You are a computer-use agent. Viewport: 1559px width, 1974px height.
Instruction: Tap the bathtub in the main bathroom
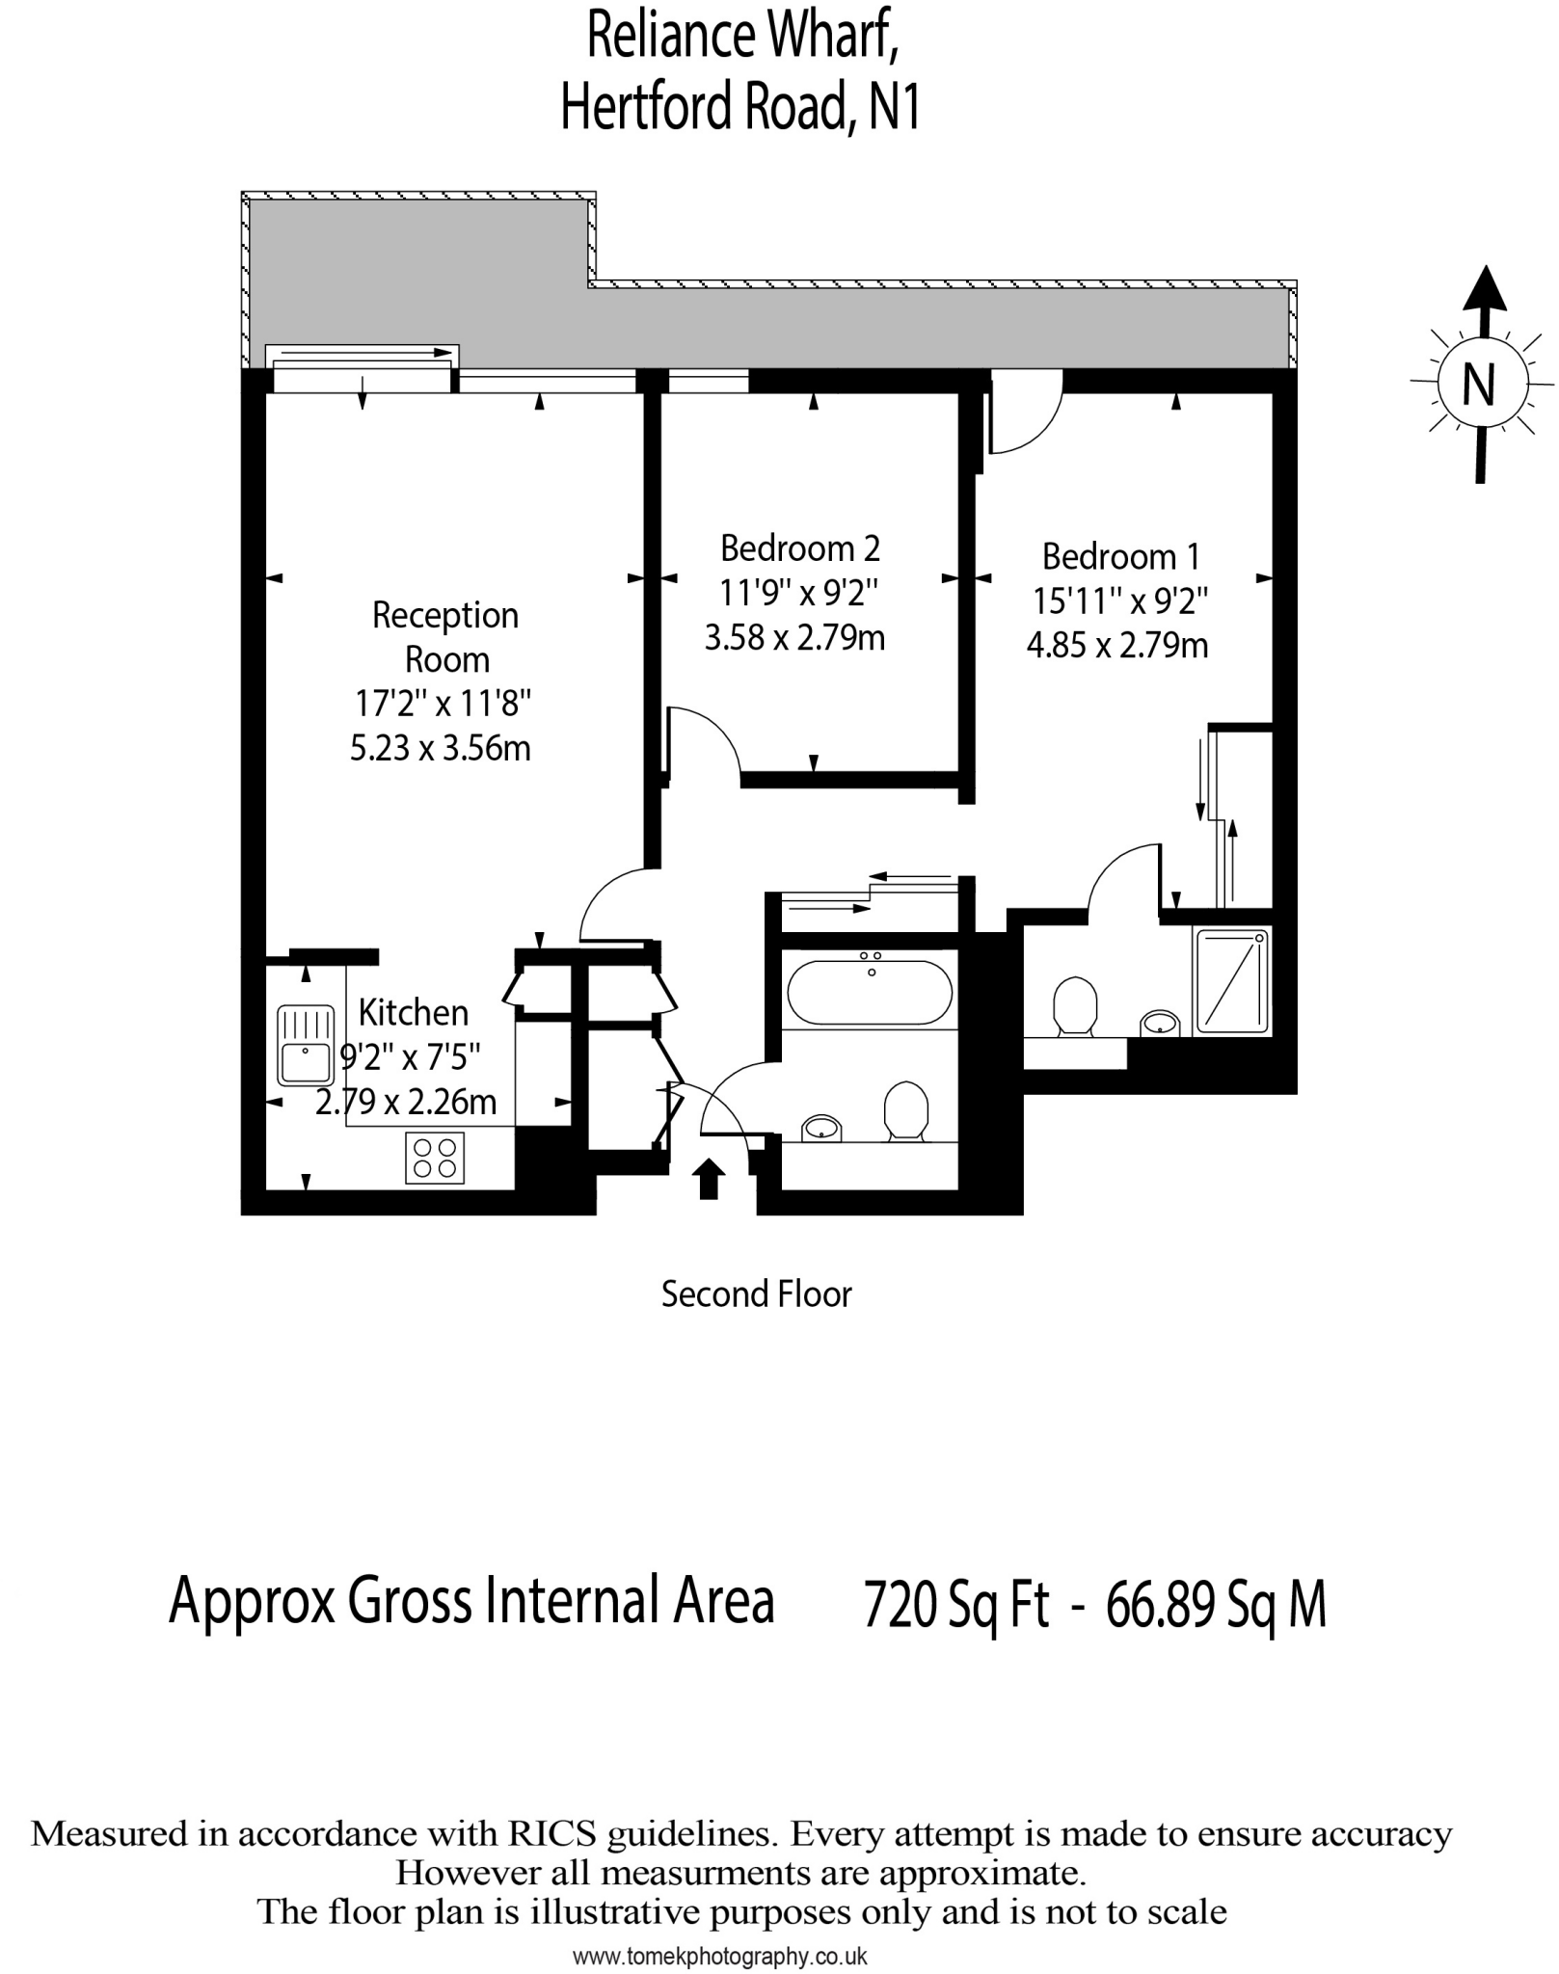[x=870, y=992]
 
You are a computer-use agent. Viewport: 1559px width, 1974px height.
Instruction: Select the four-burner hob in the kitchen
[x=434, y=1157]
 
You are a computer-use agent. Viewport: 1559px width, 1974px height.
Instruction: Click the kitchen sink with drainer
[x=305, y=1045]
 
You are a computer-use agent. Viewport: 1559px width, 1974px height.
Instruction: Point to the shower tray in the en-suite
[x=1233, y=979]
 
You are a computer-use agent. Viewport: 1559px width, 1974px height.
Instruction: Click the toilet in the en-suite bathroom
[x=1074, y=1006]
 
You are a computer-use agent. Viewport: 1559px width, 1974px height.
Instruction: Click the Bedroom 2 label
[x=799, y=548]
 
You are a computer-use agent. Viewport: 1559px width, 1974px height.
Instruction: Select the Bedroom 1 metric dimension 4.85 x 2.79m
[x=1116, y=645]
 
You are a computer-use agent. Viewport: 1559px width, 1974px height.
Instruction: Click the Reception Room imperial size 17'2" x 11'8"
[x=443, y=704]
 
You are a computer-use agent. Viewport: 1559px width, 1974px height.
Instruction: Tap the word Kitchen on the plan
[x=413, y=1013]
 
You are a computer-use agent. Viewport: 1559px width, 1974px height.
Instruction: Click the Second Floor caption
[x=756, y=1294]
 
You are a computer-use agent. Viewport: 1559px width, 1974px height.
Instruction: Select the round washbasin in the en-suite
[x=1160, y=1022]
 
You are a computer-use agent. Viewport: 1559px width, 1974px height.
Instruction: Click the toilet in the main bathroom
[x=905, y=1110]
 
